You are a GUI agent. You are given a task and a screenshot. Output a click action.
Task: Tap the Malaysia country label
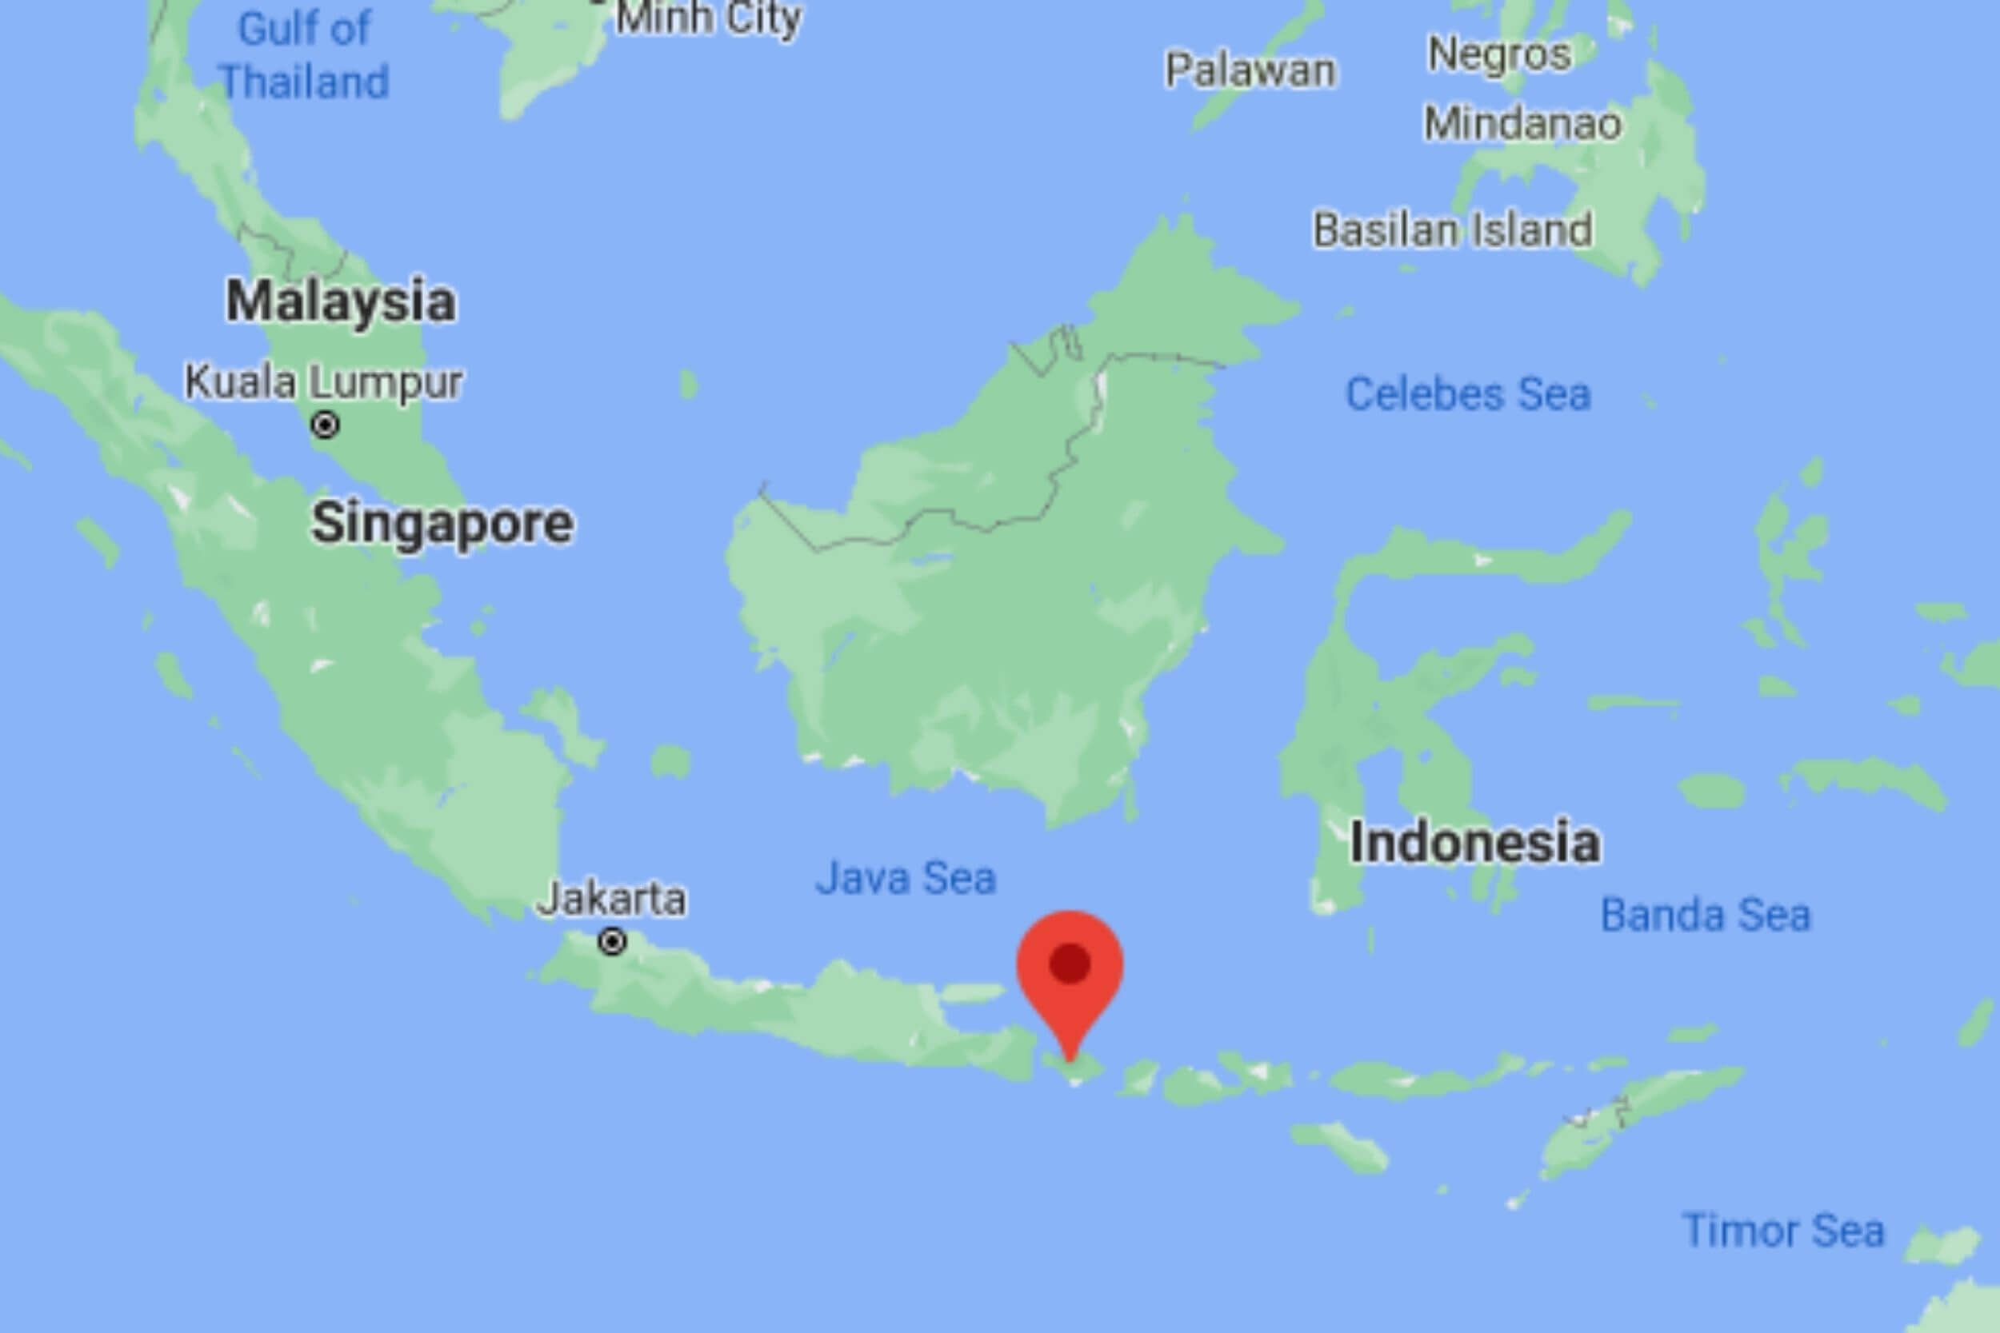point(340,301)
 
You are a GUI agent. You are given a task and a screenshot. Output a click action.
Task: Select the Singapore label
point(442,523)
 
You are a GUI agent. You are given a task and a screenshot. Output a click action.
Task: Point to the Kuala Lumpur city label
point(324,382)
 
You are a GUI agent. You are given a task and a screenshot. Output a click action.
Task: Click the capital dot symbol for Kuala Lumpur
point(325,425)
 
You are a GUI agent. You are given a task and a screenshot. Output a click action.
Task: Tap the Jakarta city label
point(612,900)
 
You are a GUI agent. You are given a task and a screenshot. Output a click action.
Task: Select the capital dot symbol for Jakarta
point(612,942)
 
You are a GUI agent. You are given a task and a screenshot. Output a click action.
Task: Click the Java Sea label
point(906,877)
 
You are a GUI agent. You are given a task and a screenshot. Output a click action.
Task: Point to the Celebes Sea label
point(1468,394)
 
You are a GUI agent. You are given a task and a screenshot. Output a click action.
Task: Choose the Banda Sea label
point(1706,916)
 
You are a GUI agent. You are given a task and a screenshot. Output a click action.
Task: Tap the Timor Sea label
point(1783,1230)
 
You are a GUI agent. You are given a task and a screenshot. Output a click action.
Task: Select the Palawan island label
point(1250,70)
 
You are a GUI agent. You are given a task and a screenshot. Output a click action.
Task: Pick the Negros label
point(1499,54)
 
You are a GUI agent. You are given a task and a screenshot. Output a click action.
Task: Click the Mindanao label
point(1523,123)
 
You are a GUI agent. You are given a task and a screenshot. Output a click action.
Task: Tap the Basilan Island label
point(1452,229)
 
